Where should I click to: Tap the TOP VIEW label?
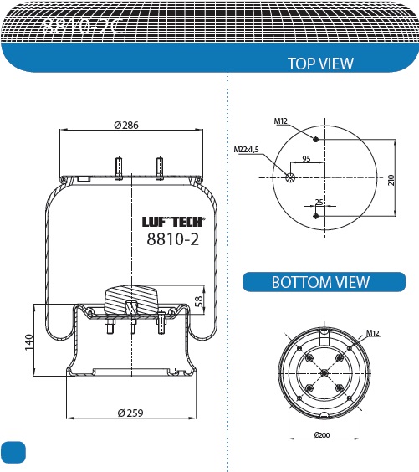pyautogui.click(x=319, y=64)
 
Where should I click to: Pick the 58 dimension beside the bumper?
pyautogui.click(x=199, y=301)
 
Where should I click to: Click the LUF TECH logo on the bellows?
pyautogui.click(x=172, y=222)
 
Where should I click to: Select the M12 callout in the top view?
pyautogui.click(x=280, y=121)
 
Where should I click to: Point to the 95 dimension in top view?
pyautogui.click(x=306, y=158)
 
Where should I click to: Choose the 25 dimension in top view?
pyautogui.click(x=319, y=202)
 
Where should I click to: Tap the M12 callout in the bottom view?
pyautogui.click(x=373, y=333)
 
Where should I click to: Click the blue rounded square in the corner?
pyautogui.click(x=13, y=451)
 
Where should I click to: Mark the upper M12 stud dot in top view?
pyautogui.click(x=316, y=138)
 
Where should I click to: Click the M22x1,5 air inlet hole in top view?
pyautogui.click(x=290, y=177)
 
